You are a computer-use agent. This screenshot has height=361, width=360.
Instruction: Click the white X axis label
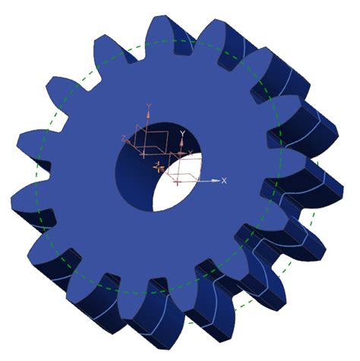(x=224, y=181)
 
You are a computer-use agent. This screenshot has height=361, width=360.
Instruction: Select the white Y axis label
(x=183, y=132)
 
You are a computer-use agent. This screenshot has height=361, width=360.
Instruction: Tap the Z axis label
(x=123, y=138)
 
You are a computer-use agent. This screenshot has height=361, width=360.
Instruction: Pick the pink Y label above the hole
(x=149, y=106)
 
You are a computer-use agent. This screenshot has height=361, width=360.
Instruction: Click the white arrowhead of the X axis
(x=216, y=181)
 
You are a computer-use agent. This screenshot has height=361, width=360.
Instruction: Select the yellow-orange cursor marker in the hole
(x=159, y=166)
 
